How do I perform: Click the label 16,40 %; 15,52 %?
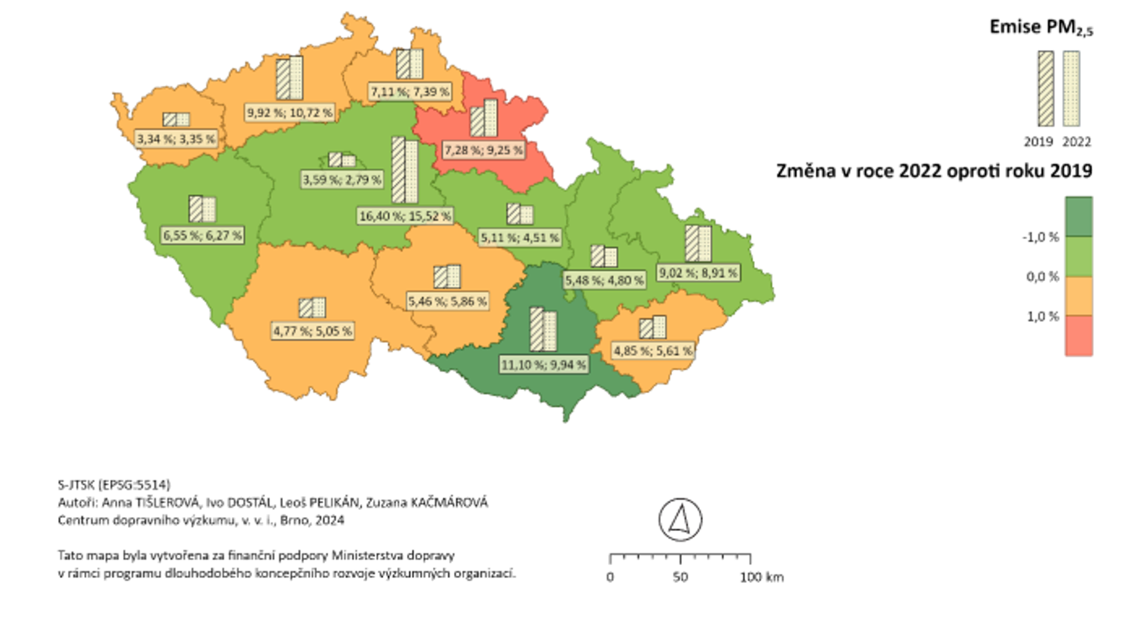click(405, 216)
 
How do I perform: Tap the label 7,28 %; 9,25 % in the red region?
click(483, 150)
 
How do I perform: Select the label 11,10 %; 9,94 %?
click(544, 365)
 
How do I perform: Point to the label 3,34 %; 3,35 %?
click(176, 139)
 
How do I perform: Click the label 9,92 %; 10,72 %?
click(290, 113)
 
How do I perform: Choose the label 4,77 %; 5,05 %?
click(312, 331)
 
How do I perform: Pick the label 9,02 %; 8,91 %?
click(698, 273)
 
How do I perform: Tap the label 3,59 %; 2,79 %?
click(341, 179)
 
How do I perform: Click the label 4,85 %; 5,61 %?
click(652, 351)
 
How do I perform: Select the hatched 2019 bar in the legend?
click(1046, 89)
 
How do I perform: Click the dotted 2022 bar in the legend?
click(1071, 89)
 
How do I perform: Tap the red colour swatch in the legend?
click(1079, 336)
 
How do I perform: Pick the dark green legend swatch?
click(1079, 216)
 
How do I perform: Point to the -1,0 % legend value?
click(1040, 237)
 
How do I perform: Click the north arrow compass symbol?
click(680, 520)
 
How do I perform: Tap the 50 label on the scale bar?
click(680, 577)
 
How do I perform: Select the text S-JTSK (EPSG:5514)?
click(114, 484)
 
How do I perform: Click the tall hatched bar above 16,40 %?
click(398, 170)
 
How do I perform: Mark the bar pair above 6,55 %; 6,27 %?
click(202, 209)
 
